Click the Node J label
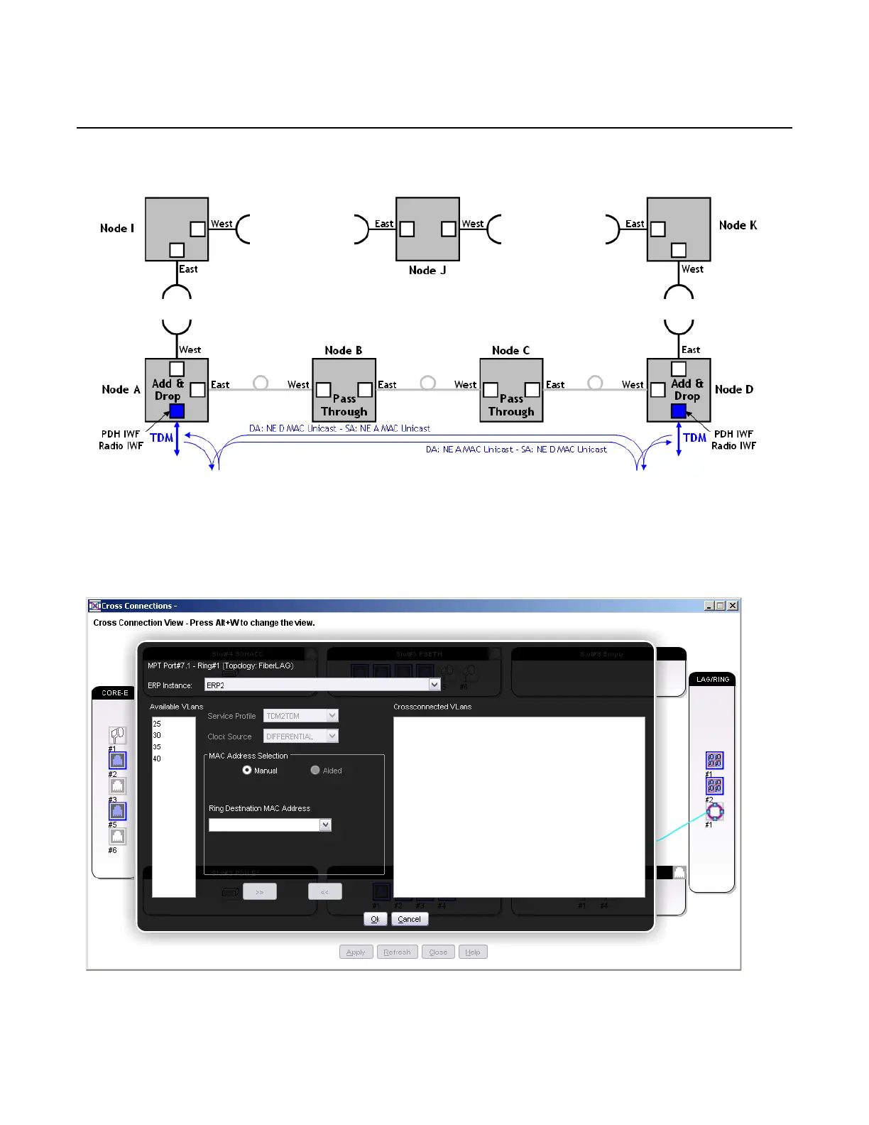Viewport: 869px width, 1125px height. [427, 271]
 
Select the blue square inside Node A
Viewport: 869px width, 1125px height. [177, 411]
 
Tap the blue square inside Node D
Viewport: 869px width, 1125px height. [679, 411]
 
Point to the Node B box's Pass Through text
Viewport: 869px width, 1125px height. [344, 406]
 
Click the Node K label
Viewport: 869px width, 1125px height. [738, 225]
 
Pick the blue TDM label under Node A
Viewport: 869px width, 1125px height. [162, 437]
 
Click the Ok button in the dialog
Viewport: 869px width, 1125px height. [375, 919]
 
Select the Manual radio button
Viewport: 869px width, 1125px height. [247, 771]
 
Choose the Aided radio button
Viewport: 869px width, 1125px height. [315, 771]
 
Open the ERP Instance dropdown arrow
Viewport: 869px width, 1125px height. [434, 685]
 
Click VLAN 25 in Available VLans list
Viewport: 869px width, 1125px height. [157, 724]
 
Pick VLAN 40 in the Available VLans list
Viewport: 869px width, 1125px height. [157, 759]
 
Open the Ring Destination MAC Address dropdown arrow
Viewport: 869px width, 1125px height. [326, 825]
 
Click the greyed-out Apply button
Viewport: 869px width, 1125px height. [356, 952]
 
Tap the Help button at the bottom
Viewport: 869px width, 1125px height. [473, 952]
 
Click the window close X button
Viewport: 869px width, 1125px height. [733, 606]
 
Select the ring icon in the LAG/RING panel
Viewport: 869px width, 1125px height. [715, 811]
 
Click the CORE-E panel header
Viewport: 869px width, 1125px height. [115, 693]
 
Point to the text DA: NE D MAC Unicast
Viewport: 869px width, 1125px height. [293, 428]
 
